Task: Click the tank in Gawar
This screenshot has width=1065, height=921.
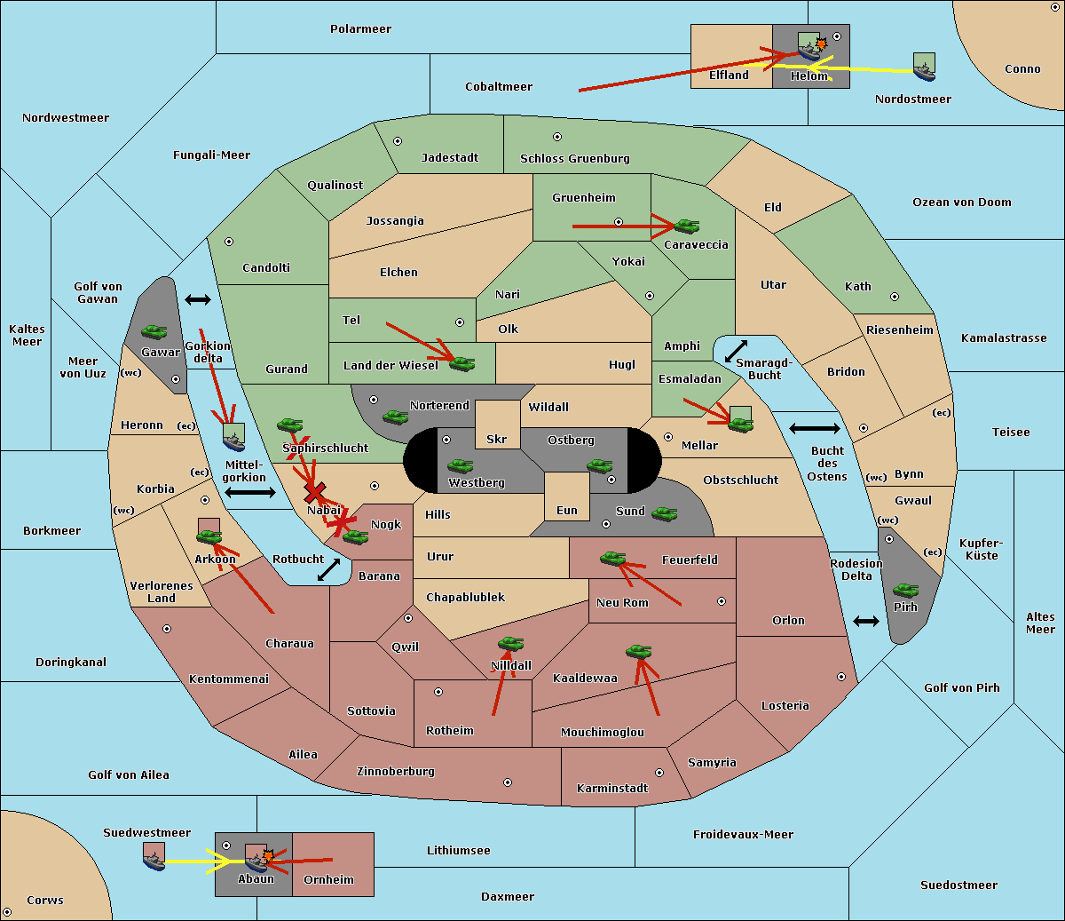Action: click(x=154, y=331)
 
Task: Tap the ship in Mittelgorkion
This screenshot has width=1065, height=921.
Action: click(x=234, y=441)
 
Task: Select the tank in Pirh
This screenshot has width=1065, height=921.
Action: click(x=905, y=590)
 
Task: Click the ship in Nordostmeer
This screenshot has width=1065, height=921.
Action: click(x=925, y=71)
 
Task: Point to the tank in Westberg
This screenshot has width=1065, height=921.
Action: click(x=460, y=465)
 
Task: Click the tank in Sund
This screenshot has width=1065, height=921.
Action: click(x=664, y=513)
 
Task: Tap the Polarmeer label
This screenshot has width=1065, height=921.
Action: click(x=360, y=29)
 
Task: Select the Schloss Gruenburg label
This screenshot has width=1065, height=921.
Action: click(x=575, y=158)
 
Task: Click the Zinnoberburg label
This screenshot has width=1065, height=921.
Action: click(x=396, y=771)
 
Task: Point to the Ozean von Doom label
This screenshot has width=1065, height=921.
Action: click(x=962, y=202)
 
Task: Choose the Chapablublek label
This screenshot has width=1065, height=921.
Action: click(x=465, y=597)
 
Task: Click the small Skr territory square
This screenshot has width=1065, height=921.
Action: click(x=497, y=425)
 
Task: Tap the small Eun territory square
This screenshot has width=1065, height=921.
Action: click(x=567, y=496)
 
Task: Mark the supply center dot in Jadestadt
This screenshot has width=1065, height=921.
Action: click(x=398, y=141)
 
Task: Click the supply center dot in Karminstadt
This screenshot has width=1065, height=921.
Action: click(x=659, y=773)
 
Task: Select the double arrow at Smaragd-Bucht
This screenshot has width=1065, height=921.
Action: click(x=736, y=351)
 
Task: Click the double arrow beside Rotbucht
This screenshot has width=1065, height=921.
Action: click(x=328, y=570)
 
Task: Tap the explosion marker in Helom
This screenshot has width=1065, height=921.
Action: click(x=821, y=44)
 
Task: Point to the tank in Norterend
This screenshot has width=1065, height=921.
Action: click(x=395, y=417)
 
